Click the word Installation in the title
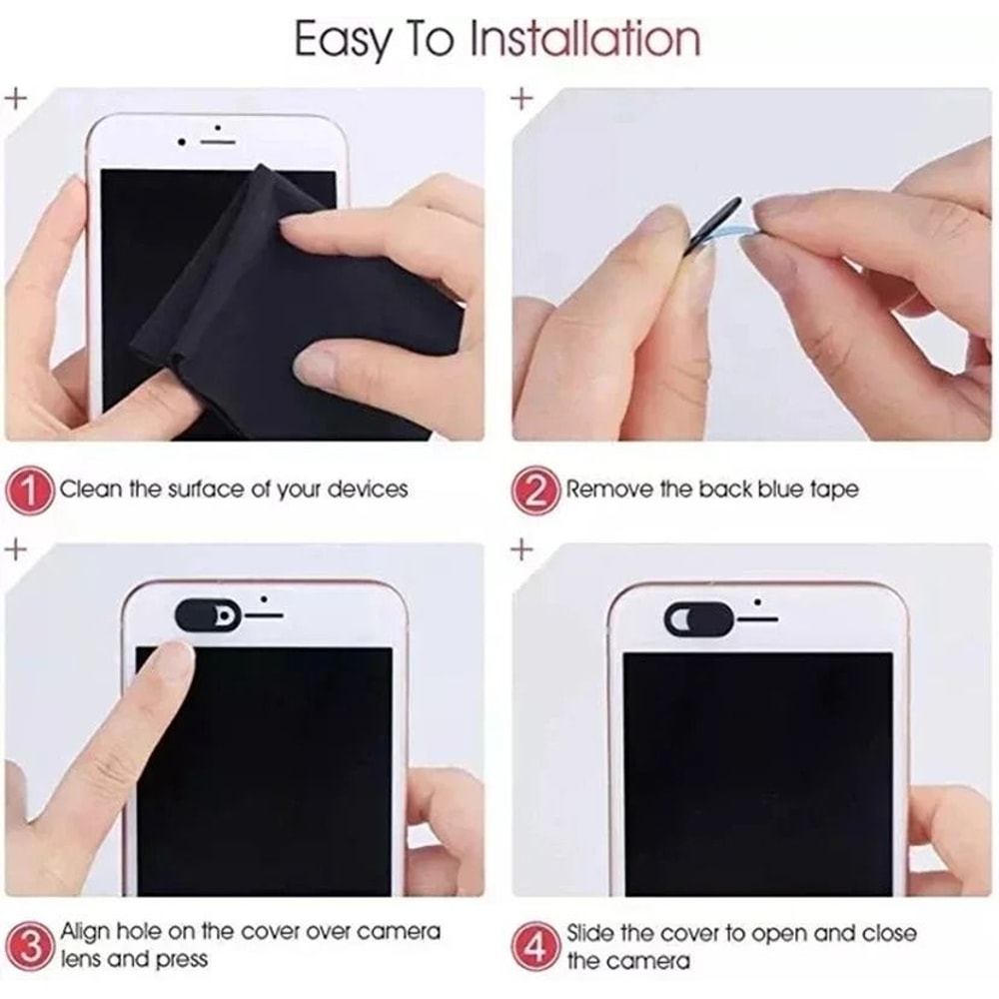point(584,39)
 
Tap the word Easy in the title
point(339,40)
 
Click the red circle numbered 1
point(32,491)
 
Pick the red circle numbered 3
point(32,944)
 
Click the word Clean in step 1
point(93,490)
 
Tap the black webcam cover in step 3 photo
point(208,615)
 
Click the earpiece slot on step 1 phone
point(217,142)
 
